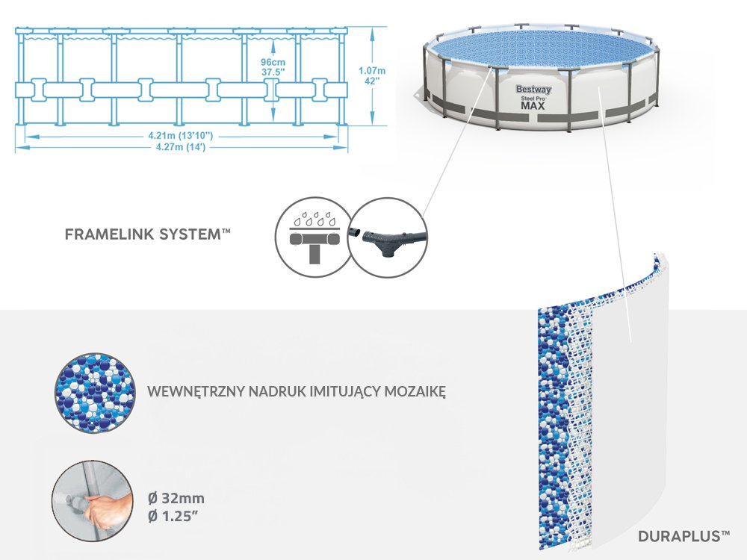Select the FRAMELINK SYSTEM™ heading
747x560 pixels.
tap(148, 234)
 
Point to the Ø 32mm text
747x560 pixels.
tap(177, 498)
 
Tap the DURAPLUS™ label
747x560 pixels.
tap(684, 535)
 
